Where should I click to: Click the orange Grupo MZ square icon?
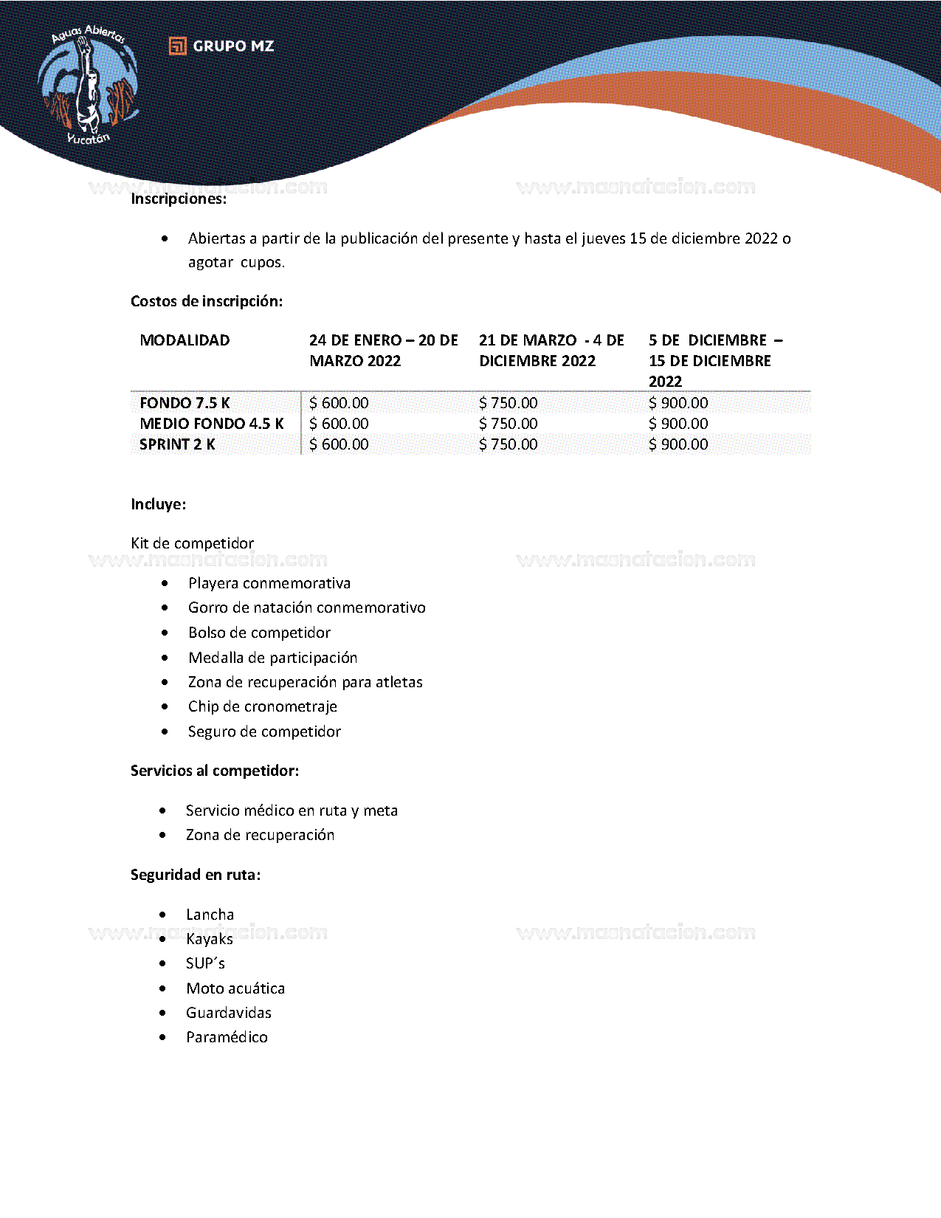(177, 46)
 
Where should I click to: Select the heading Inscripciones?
(179, 199)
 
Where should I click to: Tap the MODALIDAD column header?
(185, 340)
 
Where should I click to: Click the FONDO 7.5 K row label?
(185, 403)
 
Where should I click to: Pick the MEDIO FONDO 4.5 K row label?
(212, 424)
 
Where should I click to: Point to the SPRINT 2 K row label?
(177, 444)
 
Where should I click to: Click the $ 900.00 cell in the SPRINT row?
(678, 444)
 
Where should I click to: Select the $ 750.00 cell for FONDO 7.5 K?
(509, 403)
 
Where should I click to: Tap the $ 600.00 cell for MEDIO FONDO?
(339, 424)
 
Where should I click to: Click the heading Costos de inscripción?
(207, 301)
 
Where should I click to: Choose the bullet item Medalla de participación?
(272, 658)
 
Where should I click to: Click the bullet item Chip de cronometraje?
(262, 706)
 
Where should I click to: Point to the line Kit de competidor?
(192, 543)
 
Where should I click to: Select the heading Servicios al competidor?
(215, 771)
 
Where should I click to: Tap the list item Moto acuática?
(235, 988)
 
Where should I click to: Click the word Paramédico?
(227, 1037)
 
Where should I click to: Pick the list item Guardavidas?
(229, 1013)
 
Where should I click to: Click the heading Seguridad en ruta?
(196, 875)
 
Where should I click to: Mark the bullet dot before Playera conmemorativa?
(165, 583)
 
